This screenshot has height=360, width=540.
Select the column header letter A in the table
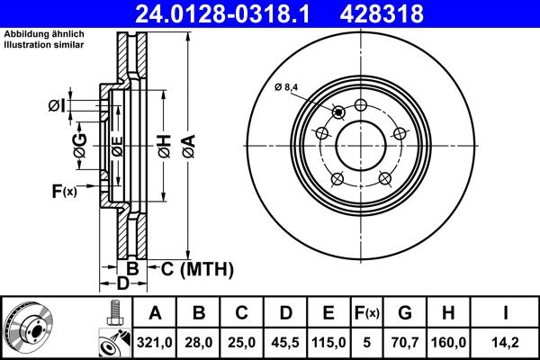click(155, 313)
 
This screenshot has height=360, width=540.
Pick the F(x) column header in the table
click(366, 313)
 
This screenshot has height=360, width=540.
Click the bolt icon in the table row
click(113, 313)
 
